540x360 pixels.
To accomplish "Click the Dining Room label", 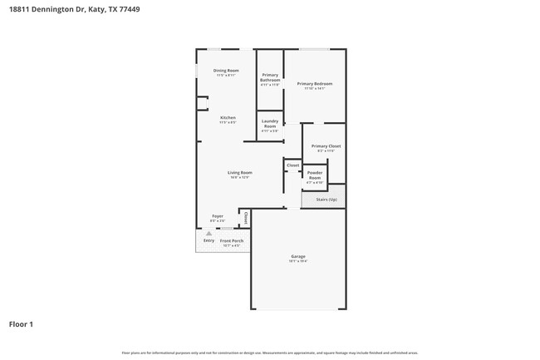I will (226, 71).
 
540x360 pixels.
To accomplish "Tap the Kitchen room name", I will (228, 117).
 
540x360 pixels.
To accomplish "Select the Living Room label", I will (240, 172).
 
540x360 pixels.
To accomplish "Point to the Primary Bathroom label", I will (270, 76).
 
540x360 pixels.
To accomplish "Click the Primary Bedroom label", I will (315, 83).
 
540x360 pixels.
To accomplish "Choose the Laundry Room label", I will (269, 123).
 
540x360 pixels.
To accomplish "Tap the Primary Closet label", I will (326, 145).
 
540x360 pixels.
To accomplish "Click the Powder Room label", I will (315, 175).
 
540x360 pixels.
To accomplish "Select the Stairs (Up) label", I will (326, 200).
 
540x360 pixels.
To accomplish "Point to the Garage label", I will (297, 256).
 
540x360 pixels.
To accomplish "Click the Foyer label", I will (217, 215).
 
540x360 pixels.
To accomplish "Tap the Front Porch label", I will (231, 240).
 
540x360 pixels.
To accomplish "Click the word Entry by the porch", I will (209, 240).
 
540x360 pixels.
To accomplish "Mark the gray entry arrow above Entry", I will (209, 233).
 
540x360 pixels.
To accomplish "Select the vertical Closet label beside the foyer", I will (246, 218).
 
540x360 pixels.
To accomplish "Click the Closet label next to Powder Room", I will (292, 165).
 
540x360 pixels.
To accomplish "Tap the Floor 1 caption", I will (22, 324).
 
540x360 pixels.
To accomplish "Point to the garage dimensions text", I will (297, 261).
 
